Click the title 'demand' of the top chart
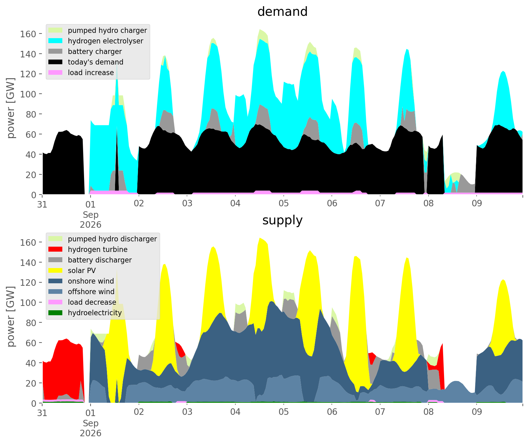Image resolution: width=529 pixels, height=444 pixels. pyautogui.click(x=282, y=12)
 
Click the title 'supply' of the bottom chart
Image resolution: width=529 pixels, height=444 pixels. pyautogui.click(x=282, y=220)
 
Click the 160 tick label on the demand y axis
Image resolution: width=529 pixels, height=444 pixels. pyautogui.click(x=28, y=34)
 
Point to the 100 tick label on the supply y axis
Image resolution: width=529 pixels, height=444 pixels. pyautogui.click(x=28, y=303)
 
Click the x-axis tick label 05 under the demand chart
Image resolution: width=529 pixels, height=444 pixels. pyautogui.click(x=283, y=204)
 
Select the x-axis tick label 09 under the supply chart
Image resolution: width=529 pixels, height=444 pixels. pyautogui.click(x=477, y=412)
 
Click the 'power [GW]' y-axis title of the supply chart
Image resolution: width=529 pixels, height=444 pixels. pyautogui.click(x=11, y=316)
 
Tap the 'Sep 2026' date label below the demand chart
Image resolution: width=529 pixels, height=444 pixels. pyautogui.click(x=91, y=219)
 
